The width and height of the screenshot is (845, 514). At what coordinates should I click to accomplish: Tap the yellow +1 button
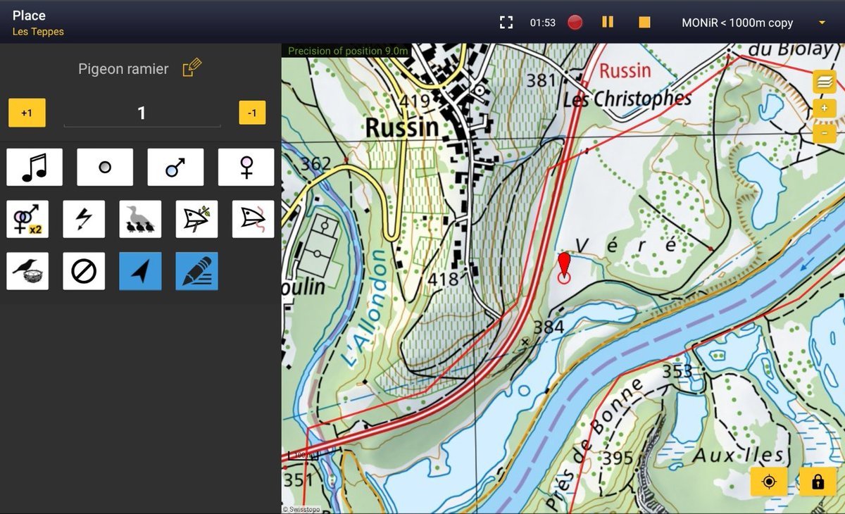pyautogui.click(x=27, y=113)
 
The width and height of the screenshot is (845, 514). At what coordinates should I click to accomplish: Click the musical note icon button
pyautogui.click(x=35, y=167)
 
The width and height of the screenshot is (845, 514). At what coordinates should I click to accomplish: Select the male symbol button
pyautogui.click(x=175, y=167)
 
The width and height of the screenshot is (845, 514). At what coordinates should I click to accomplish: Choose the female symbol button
pyautogui.click(x=246, y=167)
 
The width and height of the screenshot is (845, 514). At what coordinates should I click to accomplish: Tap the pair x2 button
pyautogui.click(x=27, y=219)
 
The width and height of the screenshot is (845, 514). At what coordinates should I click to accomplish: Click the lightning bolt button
pyautogui.click(x=84, y=219)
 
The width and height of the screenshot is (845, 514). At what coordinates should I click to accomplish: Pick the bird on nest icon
pyautogui.click(x=27, y=271)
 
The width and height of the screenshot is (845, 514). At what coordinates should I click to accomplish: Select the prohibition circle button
pyautogui.click(x=84, y=271)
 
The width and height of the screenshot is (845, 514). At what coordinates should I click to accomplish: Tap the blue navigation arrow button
pyautogui.click(x=140, y=271)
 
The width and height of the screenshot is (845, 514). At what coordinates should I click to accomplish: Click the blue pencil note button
pyautogui.click(x=196, y=271)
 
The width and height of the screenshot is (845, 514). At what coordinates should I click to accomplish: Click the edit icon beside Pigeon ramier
pyautogui.click(x=192, y=68)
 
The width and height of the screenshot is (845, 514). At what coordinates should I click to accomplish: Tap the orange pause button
pyautogui.click(x=608, y=23)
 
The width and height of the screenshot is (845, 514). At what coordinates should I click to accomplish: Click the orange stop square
pyautogui.click(x=644, y=23)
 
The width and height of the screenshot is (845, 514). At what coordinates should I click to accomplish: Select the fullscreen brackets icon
pyautogui.click(x=506, y=23)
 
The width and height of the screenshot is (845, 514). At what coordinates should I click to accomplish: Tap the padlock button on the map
pyautogui.click(x=818, y=482)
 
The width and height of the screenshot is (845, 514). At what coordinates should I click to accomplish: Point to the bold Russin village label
pyautogui.click(x=401, y=127)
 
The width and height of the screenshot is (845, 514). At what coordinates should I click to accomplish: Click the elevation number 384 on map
pyautogui.click(x=549, y=327)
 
